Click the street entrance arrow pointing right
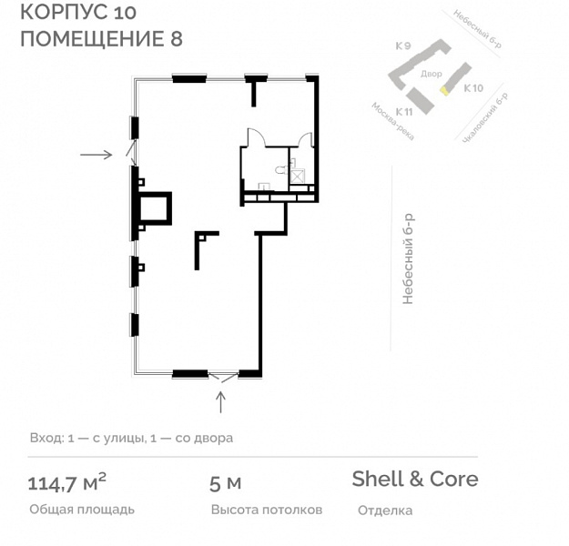97,155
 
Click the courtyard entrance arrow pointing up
220,402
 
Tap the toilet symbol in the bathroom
282,169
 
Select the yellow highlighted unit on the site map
444,90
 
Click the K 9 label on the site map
403,46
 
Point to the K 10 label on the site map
473,88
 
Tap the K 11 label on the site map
404,112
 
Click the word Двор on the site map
432,74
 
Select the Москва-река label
392,121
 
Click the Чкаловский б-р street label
485,117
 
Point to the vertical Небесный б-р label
408,259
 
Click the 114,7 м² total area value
67,482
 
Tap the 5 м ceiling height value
226,483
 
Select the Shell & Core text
415,479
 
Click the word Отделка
385,511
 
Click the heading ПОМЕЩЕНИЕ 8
102,38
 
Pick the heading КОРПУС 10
78,12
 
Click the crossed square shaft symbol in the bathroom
297,177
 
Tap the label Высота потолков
267,510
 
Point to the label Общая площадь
82,510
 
